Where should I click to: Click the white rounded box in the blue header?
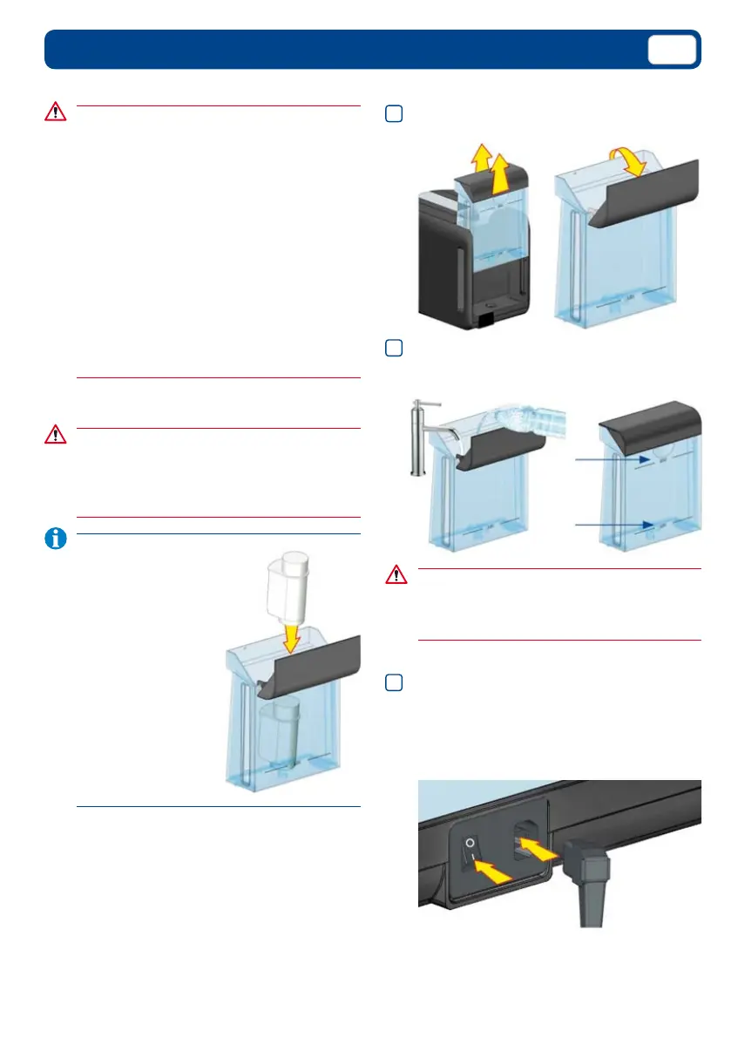(x=673, y=50)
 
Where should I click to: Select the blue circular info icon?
(x=55, y=540)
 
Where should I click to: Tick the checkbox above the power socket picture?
(x=393, y=682)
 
